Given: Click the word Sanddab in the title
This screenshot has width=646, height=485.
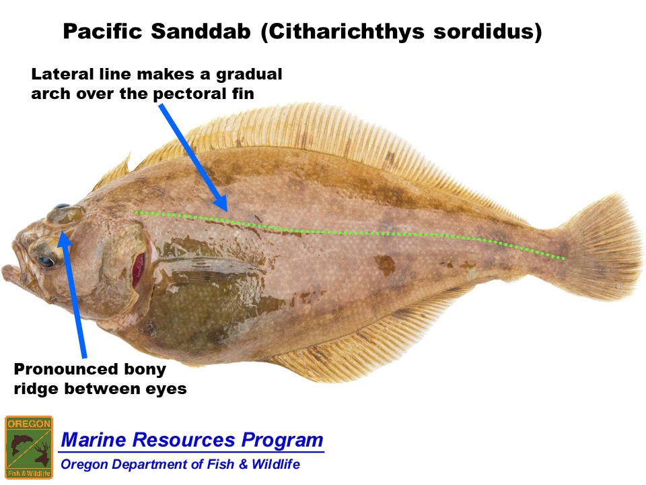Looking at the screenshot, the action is (x=201, y=31).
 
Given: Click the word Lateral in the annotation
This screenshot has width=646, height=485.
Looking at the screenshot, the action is (x=63, y=74).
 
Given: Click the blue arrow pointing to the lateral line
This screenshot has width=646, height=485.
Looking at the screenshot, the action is (x=193, y=157).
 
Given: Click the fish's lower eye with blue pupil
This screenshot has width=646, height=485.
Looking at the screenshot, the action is (x=45, y=261).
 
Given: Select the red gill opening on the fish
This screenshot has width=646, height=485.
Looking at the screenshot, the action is (x=139, y=270).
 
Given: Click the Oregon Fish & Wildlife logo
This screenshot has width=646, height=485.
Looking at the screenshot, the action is (x=29, y=447).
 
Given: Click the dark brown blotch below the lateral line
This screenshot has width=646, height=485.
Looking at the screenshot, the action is (x=385, y=265).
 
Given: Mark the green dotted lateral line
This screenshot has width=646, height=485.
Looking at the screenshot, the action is (x=350, y=232).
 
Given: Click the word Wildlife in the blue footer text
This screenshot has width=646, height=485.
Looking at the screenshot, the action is (x=276, y=464).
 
